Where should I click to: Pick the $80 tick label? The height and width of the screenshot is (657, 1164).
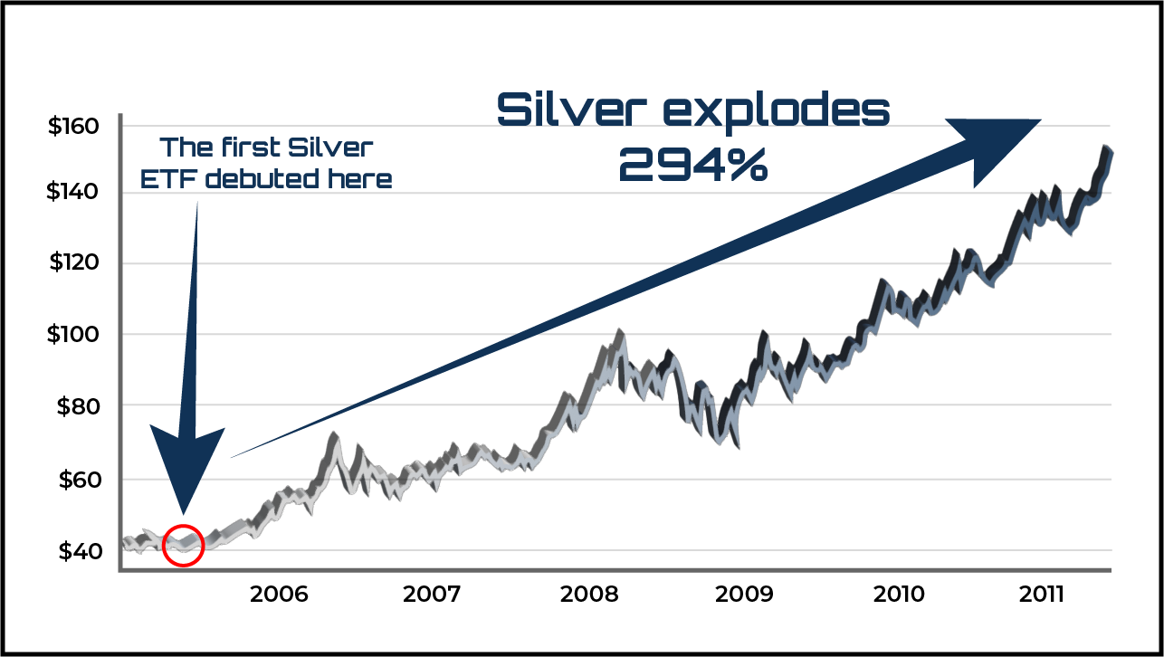(x=76, y=406)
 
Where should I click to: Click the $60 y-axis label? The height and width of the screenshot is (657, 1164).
(x=76, y=479)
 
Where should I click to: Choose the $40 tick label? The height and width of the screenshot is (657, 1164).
(x=76, y=550)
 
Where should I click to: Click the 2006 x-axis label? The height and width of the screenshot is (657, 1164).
(x=280, y=595)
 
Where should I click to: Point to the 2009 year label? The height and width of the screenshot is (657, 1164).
(x=745, y=595)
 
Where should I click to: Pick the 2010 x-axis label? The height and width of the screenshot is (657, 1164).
(x=900, y=595)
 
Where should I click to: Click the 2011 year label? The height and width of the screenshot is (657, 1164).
(x=1053, y=595)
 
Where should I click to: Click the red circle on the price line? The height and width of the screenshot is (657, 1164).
(x=184, y=544)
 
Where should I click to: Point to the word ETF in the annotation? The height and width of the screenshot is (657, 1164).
(x=169, y=178)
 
